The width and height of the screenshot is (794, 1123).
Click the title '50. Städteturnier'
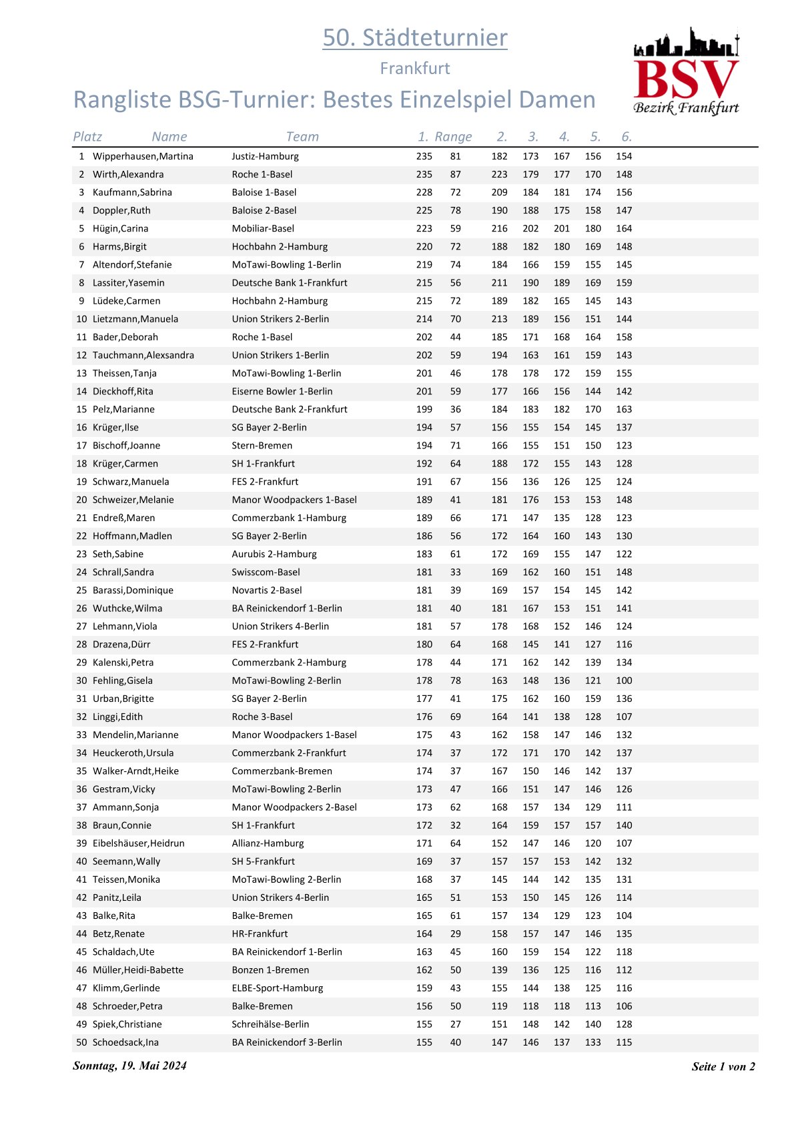click(x=414, y=37)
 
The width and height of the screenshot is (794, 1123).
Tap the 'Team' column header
click(x=302, y=137)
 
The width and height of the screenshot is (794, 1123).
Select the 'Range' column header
click(x=453, y=137)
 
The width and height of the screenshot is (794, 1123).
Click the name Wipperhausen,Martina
click(x=143, y=156)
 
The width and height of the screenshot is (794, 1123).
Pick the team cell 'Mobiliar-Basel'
click(x=263, y=228)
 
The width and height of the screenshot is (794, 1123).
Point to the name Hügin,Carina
click(x=120, y=228)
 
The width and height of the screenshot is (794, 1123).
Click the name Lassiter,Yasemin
click(x=128, y=283)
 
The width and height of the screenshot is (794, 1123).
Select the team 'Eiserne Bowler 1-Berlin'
click(x=282, y=391)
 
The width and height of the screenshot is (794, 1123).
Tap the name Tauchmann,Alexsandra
click(x=143, y=355)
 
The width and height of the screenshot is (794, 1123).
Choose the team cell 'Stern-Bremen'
click(x=262, y=445)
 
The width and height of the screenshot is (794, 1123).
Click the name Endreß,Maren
click(x=123, y=518)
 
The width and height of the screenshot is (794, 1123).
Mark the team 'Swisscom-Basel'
click(x=266, y=572)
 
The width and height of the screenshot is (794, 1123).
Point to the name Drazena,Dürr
click(x=121, y=645)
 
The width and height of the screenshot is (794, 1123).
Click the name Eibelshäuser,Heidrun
click(x=138, y=843)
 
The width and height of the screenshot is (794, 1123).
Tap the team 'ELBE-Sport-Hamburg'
click(x=277, y=988)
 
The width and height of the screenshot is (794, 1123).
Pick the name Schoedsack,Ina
click(x=125, y=1042)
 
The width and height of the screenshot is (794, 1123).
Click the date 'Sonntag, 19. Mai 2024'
click(x=129, y=1066)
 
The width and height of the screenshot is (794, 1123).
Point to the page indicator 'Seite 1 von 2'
click(x=723, y=1066)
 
